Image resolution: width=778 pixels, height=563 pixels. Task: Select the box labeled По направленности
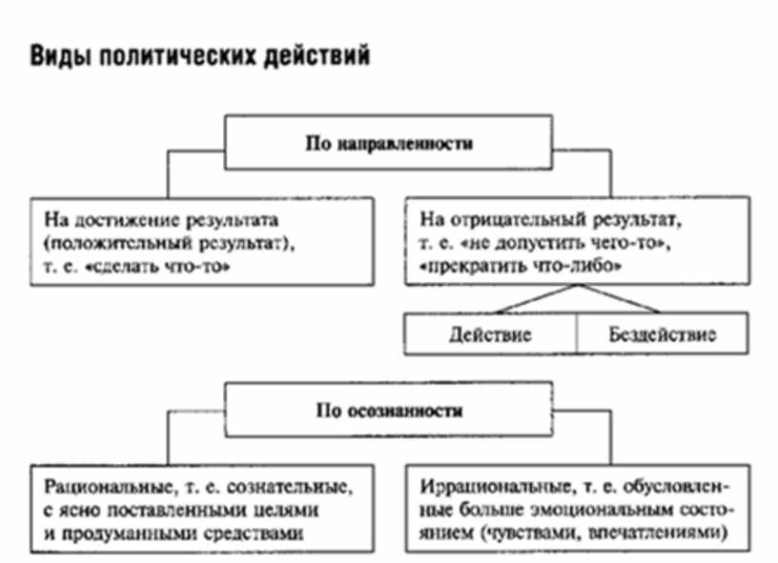[389, 145]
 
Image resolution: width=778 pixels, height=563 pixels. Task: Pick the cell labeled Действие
[490, 334]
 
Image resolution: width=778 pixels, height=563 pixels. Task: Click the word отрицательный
[499, 221]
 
